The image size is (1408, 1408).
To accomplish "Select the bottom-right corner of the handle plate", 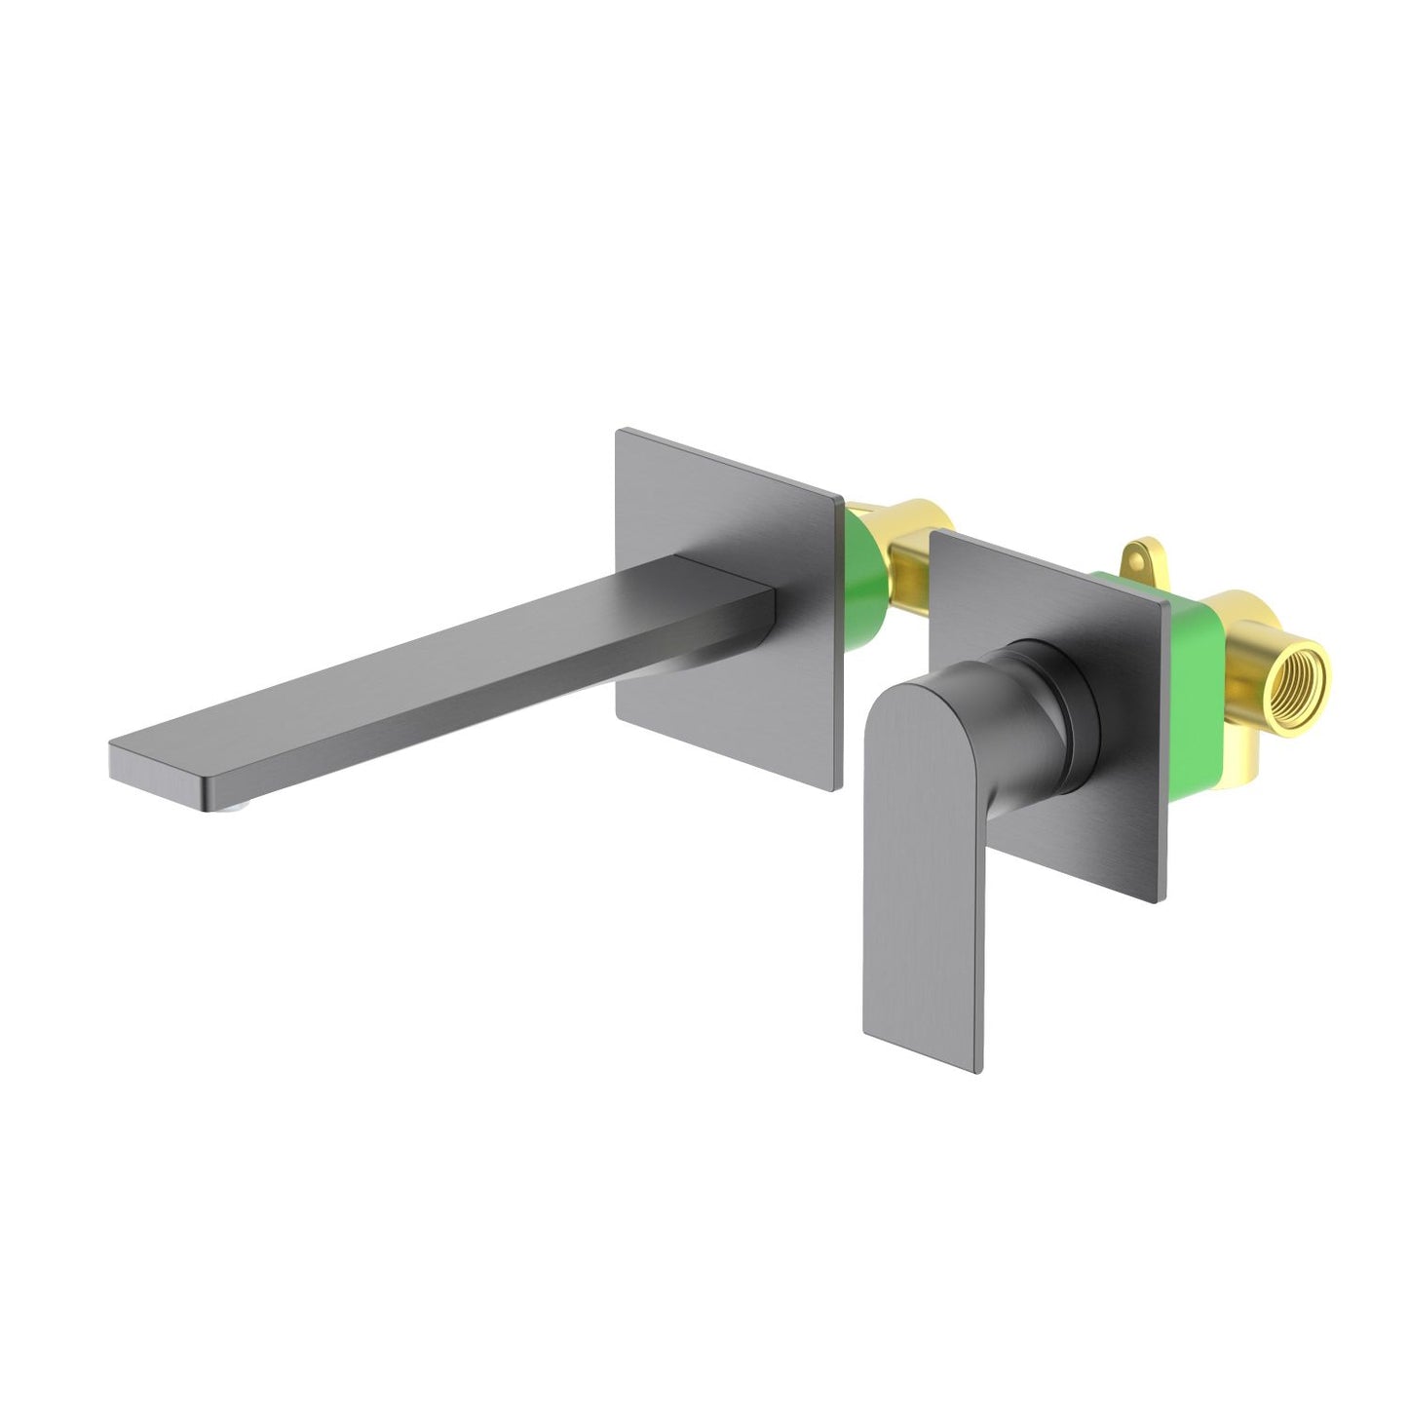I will tap(1157, 901).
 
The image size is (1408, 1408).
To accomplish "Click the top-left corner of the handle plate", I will tap(933, 532).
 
